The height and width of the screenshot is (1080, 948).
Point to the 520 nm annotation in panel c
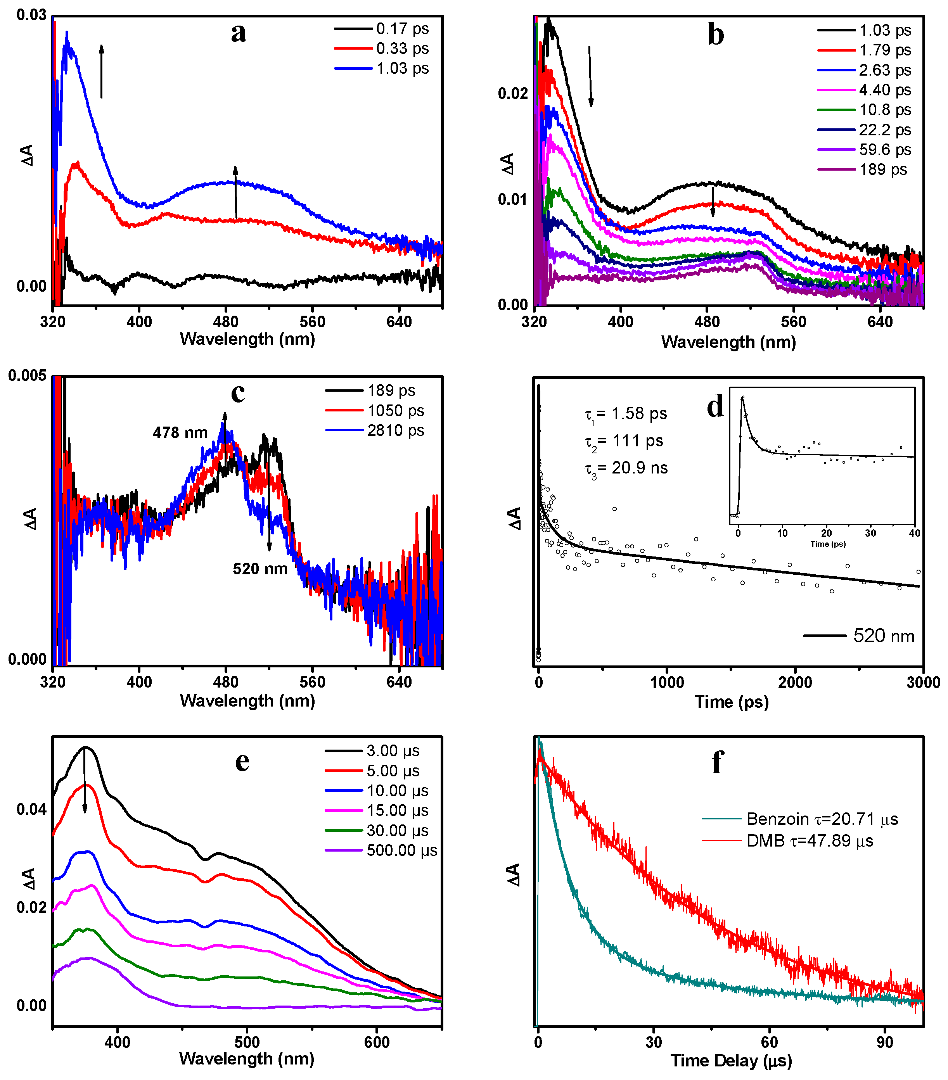(x=260, y=569)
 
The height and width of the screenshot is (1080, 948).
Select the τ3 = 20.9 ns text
(x=626, y=468)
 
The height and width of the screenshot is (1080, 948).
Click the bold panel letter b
(x=716, y=35)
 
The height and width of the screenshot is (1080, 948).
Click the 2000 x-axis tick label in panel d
(x=795, y=683)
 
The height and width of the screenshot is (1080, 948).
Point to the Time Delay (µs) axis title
(x=731, y=1061)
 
